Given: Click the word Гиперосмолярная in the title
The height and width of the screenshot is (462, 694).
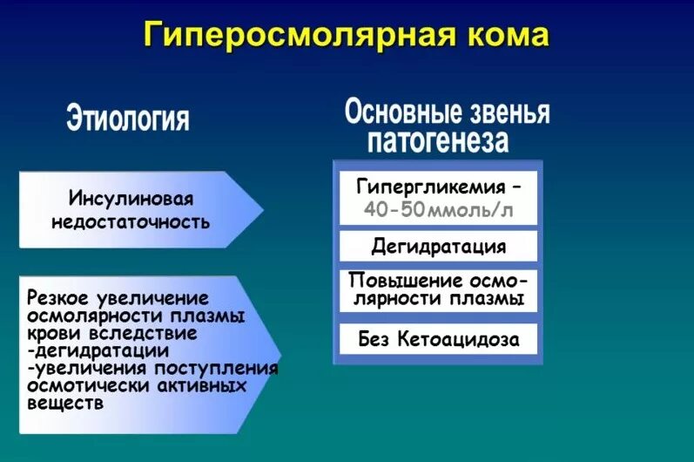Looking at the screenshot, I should click(293, 36).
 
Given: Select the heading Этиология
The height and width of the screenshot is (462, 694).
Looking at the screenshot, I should click(128, 119).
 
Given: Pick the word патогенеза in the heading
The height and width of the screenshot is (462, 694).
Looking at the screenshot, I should click(438, 140).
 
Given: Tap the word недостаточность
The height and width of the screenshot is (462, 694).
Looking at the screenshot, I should click(130, 221).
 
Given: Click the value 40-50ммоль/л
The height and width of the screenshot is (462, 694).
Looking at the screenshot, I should click(438, 210).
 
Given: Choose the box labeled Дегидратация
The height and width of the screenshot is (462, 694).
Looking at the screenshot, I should click(438, 247).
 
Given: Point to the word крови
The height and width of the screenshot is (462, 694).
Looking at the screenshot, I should click(51, 333).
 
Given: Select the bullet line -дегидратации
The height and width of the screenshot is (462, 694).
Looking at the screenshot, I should click(98, 350).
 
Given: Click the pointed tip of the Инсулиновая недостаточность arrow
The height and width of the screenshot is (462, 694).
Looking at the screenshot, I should click(261, 209).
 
